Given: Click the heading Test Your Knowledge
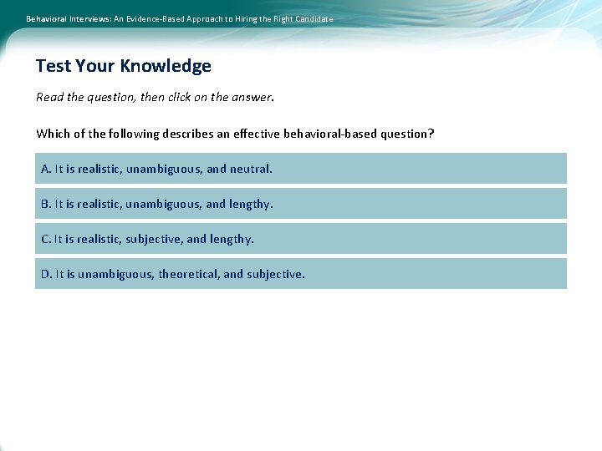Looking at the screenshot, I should [x=124, y=66].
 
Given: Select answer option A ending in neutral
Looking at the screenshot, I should [x=300, y=169].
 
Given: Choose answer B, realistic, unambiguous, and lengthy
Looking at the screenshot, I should [x=300, y=204].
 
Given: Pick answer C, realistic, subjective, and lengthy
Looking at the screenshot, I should [x=300, y=239].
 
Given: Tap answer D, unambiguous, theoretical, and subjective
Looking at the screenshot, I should [x=300, y=274].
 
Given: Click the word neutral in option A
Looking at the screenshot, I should [x=251, y=169].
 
